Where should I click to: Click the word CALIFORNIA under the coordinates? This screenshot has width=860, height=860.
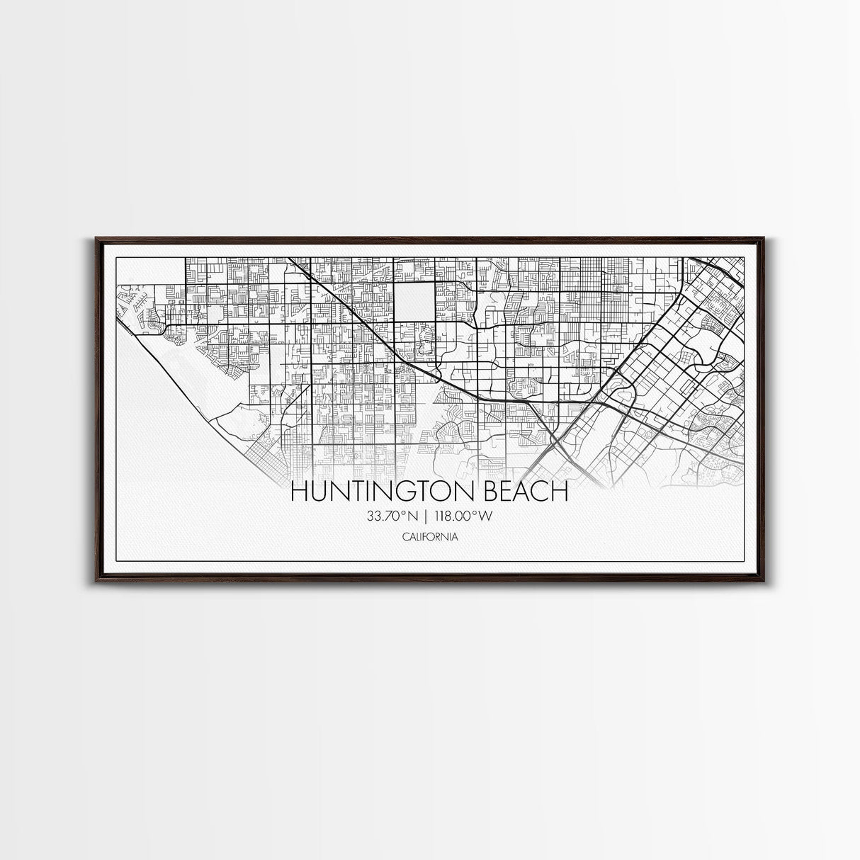pos(429,537)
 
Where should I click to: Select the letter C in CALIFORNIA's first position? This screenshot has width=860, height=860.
pos(404,537)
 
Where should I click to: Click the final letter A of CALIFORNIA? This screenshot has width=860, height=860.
pos(454,537)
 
